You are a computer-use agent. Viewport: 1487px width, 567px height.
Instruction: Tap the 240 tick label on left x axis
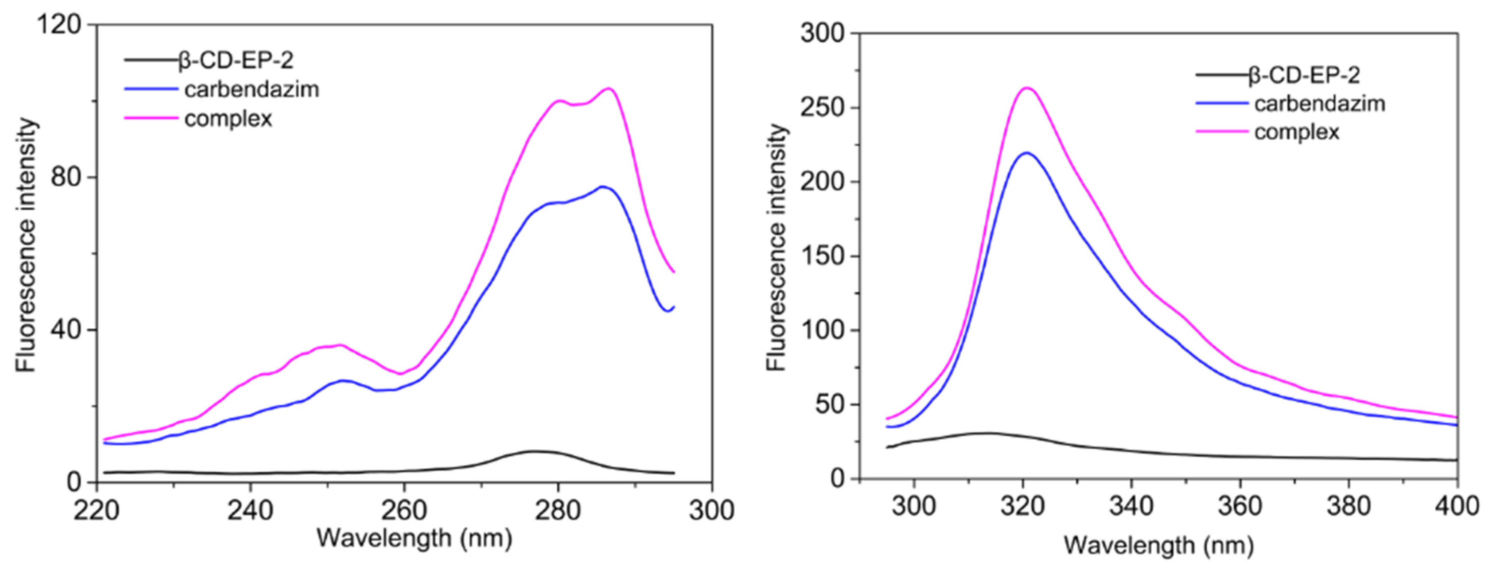250,510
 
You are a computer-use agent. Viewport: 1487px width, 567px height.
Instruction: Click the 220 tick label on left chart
96,510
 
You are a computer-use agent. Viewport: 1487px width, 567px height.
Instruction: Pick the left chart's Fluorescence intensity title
26,246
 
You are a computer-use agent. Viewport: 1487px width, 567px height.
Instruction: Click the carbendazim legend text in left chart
252,90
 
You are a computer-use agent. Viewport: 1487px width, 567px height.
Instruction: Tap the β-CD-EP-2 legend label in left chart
237,60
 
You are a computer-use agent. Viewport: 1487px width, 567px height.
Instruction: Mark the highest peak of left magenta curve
608,88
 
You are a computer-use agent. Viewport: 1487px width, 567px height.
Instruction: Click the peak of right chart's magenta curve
1027,88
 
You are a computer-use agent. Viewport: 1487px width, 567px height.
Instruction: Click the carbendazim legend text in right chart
1320,104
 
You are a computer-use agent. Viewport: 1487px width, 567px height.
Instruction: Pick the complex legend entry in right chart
1296,132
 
